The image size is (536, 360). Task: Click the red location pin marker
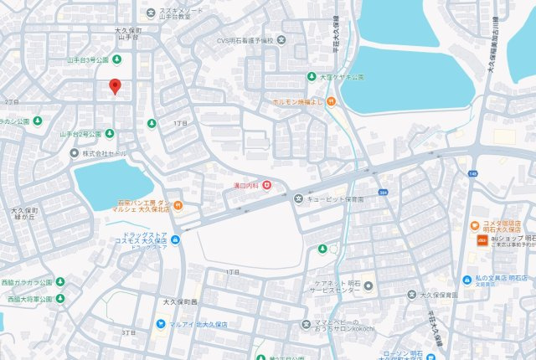point(115,85)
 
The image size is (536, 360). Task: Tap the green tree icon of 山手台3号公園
point(116,59)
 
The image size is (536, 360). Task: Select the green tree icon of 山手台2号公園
point(109,134)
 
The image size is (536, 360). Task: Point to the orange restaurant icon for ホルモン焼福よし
point(331,101)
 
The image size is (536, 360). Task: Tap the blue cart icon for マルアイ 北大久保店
point(158,323)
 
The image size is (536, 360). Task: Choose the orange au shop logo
point(482,241)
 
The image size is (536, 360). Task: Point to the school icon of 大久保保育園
point(410,295)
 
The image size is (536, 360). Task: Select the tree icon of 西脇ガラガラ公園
point(59,282)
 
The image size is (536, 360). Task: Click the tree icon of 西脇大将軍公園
point(59,298)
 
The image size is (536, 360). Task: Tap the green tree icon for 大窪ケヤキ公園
point(311,76)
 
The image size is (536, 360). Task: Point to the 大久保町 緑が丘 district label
point(26,213)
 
